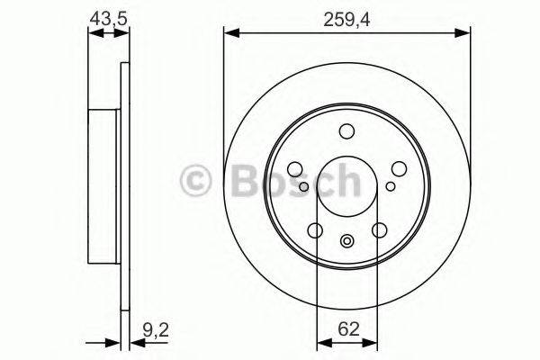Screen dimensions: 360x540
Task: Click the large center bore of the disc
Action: pyautogui.click(x=346, y=186)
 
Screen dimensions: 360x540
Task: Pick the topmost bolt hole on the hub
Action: pyautogui.click(x=346, y=132)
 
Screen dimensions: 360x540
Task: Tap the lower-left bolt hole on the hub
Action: pyautogui.click(x=315, y=230)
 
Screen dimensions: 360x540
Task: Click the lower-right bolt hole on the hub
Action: pyautogui.click(x=379, y=230)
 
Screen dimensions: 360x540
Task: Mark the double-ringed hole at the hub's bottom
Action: pyautogui.click(x=346, y=240)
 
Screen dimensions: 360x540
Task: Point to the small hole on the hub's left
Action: pyautogui.click(x=304, y=187)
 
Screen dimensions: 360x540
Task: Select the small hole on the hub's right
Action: pyautogui.click(x=390, y=187)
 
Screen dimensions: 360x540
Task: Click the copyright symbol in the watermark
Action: pyautogui.click(x=197, y=181)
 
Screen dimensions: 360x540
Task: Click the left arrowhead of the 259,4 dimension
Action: pyautogui.click(x=229, y=33)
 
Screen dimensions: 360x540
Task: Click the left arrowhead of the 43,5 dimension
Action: pyautogui.click(x=93, y=33)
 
